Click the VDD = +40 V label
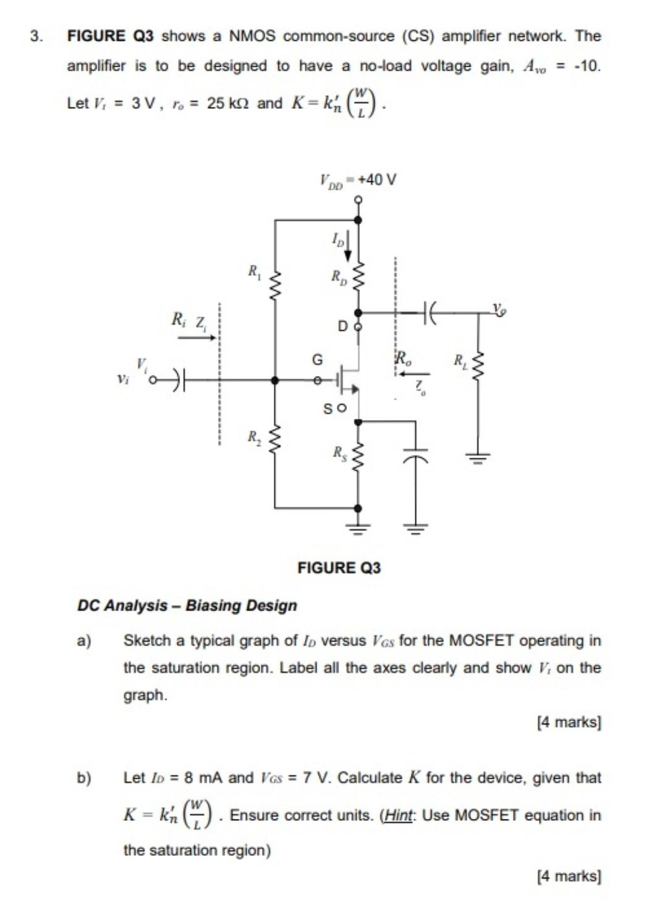pos(358,180)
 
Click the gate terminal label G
pos(317,359)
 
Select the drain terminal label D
pos(342,326)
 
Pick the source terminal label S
pos(328,409)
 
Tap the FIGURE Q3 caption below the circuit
pos(339,567)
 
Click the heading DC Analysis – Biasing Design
pos(187,605)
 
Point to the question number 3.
pos(36,36)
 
